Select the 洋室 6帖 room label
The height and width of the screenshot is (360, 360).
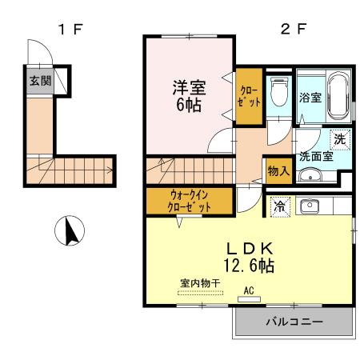189,94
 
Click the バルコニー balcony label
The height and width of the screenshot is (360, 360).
294,322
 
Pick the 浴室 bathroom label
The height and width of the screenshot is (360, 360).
311,98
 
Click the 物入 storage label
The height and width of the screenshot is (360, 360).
278,170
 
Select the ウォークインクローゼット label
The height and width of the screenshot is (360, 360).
190,199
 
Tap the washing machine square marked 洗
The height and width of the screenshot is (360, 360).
340,138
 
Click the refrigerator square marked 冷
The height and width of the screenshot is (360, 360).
279,206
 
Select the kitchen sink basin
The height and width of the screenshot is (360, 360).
308,206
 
